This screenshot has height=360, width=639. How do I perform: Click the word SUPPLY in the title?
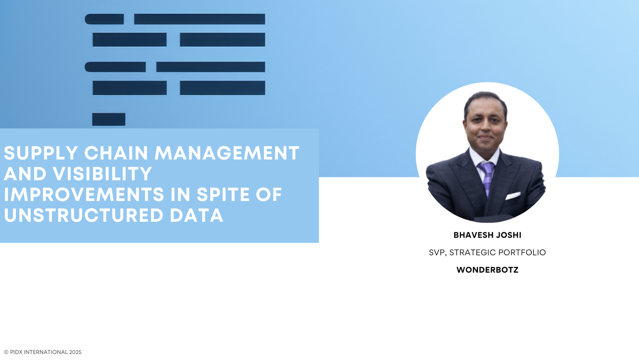[41, 153]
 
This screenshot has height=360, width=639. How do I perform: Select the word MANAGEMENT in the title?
[227, 153]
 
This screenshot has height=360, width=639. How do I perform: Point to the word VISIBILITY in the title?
[102, 174]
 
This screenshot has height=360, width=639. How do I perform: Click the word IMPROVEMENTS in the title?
[84, 195]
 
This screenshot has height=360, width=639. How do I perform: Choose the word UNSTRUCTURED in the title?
[84, 215]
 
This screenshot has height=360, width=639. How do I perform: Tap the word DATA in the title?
[196, 215]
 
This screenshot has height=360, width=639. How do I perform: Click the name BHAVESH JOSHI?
[487, 235]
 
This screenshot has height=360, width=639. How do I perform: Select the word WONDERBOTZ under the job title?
[487, 270]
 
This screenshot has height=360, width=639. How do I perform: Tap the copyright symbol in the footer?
[6, 352]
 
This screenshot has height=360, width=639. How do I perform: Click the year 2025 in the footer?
[75, 352]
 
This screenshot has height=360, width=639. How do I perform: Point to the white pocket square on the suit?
[513, 196]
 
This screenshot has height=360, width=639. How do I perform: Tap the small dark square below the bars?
[109, 119]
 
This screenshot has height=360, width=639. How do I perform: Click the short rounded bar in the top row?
[104, 19]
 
